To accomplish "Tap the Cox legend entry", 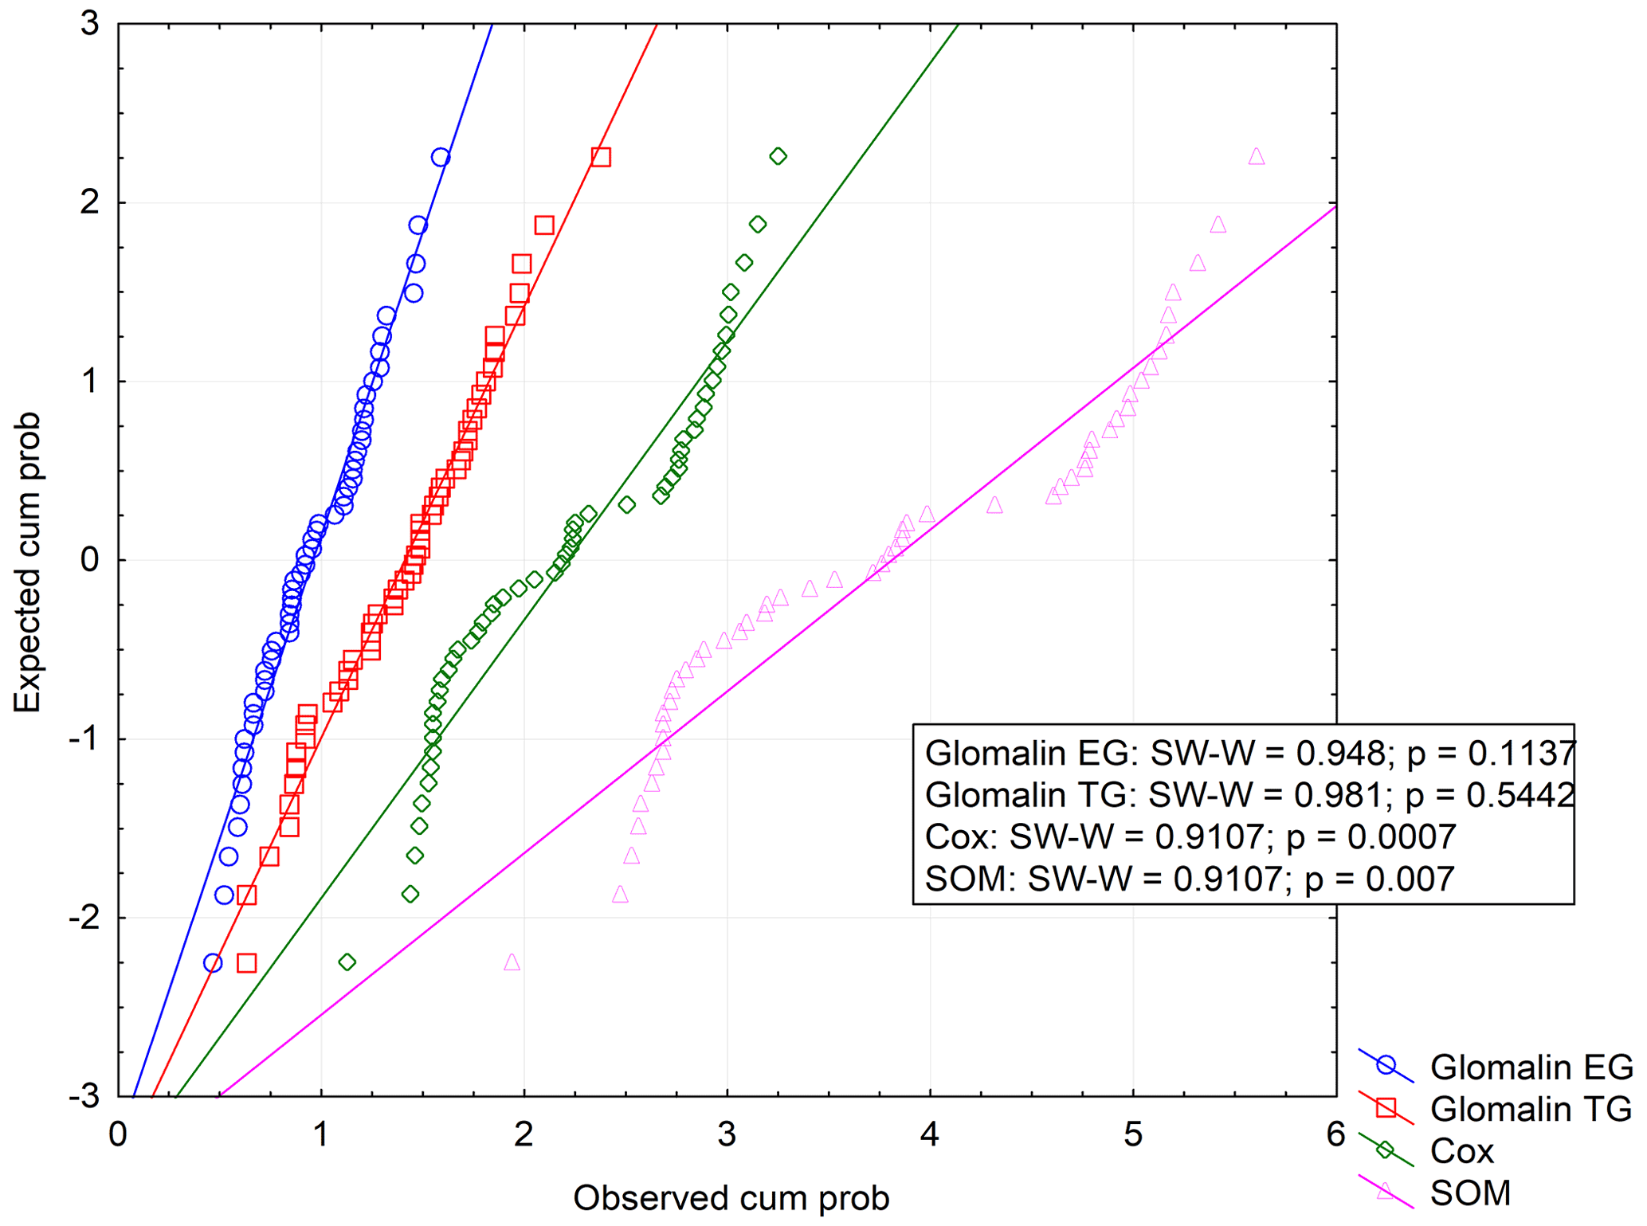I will pos(1461,1150).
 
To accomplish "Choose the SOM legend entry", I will pos(1470,1193).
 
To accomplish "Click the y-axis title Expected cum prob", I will pos(27,562).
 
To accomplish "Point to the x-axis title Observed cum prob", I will pos(731,1197).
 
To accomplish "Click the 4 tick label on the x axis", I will pos(930,1134).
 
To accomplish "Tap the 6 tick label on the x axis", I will pos(1336,1134).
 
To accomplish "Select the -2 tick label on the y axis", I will pos(84,918).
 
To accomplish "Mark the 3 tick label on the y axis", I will pos(90,24).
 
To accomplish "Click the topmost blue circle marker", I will pos(441,158).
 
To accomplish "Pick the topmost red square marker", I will pos(601,157).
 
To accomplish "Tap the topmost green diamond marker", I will pos(778,156).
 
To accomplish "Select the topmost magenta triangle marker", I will pos(1257,157).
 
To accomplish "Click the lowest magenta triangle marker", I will pos(512,962).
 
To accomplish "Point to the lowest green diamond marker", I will pos(347,962).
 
